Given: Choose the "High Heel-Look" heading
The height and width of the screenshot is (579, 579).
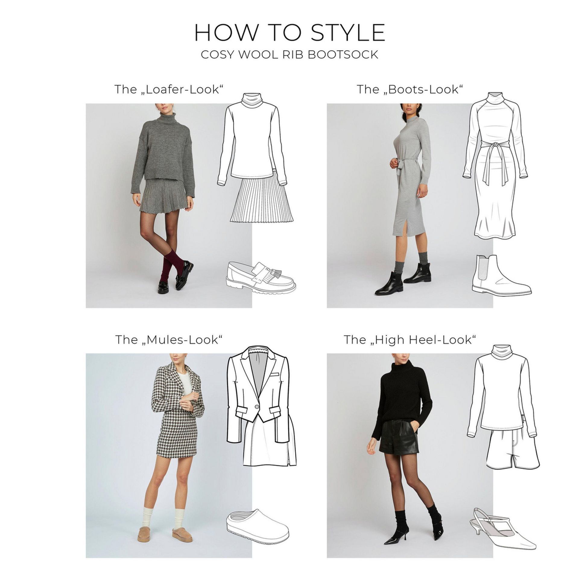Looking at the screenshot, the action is (x=410, y=340).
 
